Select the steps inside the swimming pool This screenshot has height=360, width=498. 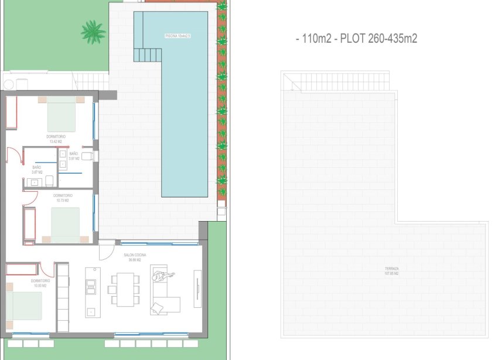(x=147, y=55)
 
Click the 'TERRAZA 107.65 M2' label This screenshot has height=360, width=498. (x=391, y=271)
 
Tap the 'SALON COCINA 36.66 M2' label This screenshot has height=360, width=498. (x=135, y=257)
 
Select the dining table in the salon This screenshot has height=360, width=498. (x=124, y=290)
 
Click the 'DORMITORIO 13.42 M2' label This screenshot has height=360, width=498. (x=56, y=139)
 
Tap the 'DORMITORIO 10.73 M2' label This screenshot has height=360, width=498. (x=62, y=198)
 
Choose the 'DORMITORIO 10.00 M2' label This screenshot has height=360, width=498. (x=40, y=283)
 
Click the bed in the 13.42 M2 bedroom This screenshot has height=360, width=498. (x=61, y=114)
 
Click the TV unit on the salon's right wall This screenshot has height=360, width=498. (x=197, y=288)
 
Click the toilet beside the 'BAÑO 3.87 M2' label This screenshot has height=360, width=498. (x=49, y=180)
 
